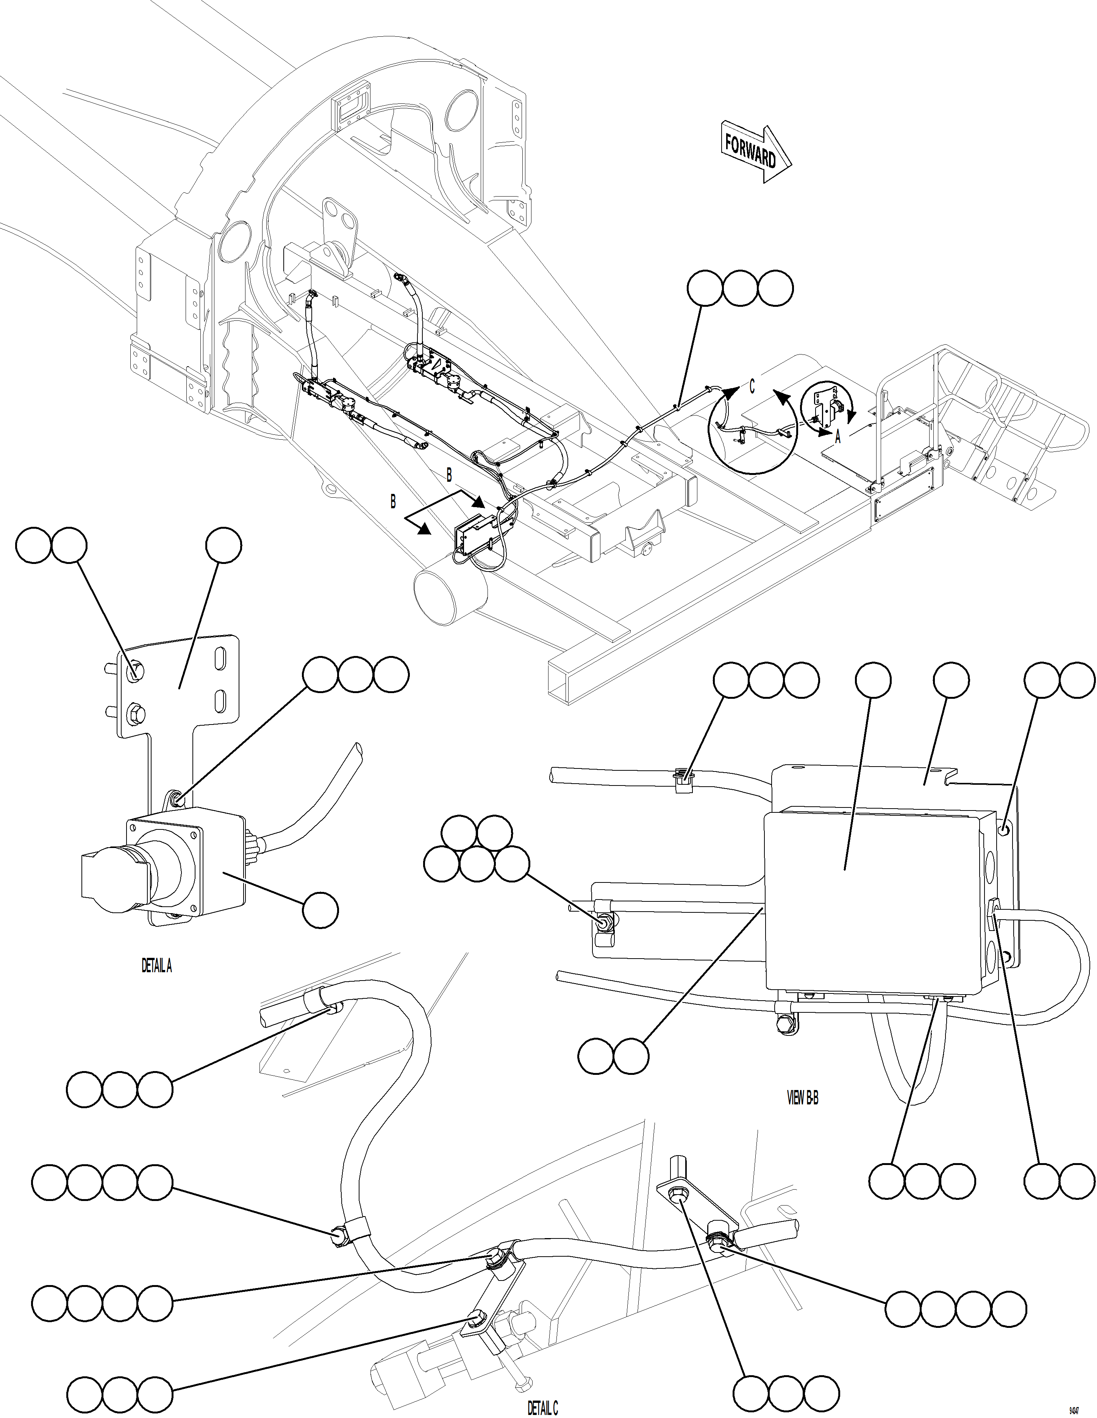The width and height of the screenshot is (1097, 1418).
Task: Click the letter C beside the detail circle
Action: click(752, 386)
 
